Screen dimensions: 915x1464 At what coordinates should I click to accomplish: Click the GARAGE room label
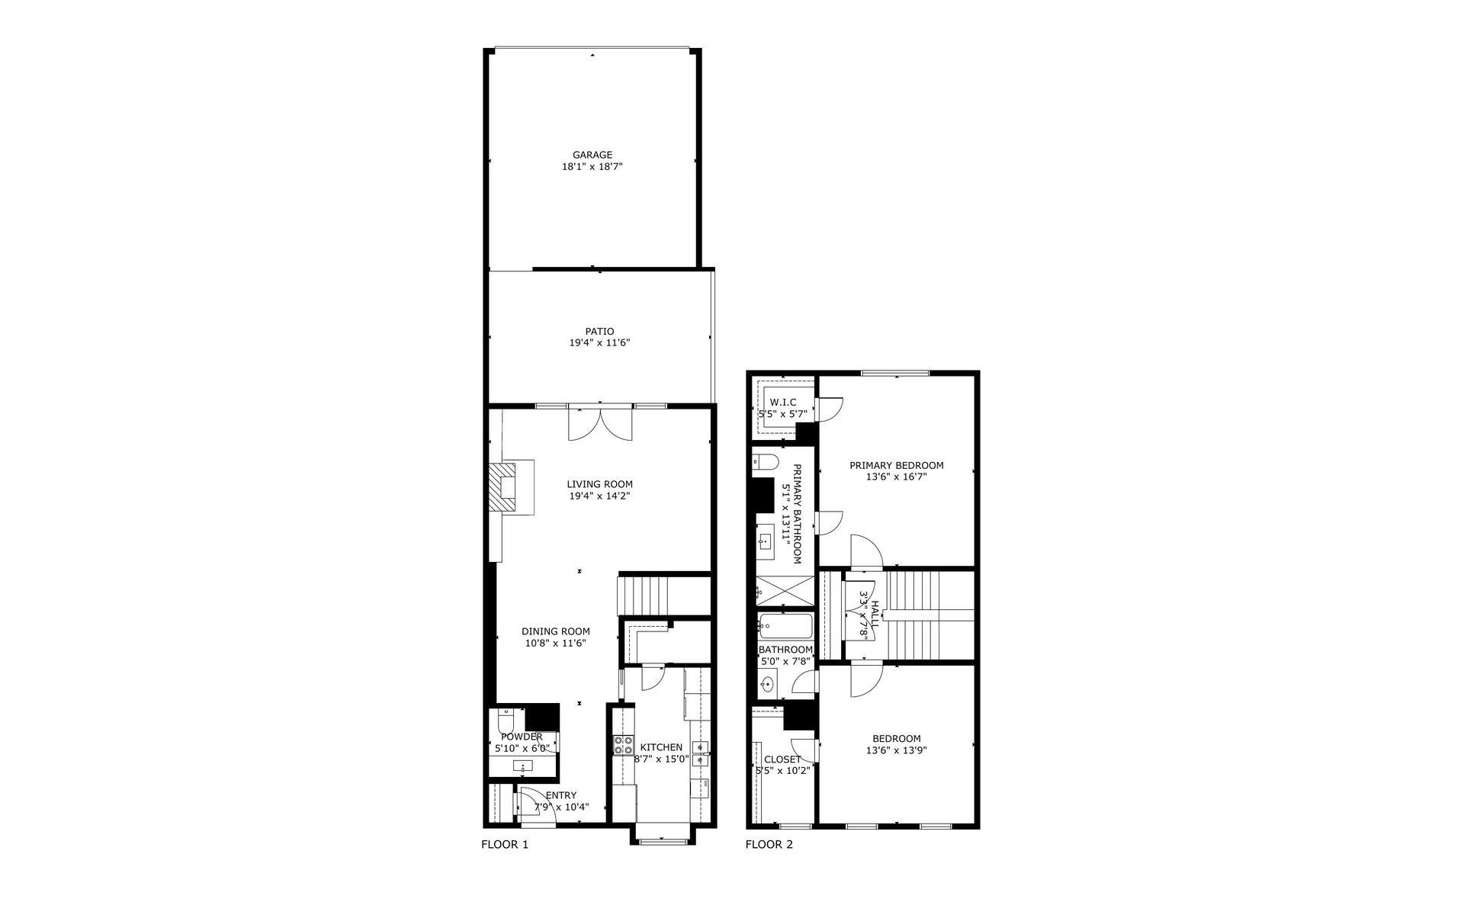(x=592, y=155)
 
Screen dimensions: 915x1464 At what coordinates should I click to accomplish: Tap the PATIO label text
(x=599, y=332)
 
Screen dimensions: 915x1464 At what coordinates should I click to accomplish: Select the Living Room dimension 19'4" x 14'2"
(x=599, y=496)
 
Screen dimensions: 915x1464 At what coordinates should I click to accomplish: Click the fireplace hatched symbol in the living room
(x=502, y=488)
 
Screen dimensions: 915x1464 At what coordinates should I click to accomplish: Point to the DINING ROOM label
(x=556, y=631)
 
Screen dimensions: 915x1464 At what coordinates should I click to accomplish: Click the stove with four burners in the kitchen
(x=623, y=745)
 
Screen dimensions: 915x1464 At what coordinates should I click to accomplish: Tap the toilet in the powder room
(x=506, y=721)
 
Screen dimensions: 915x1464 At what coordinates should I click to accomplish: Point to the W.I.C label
(x=783, y=402)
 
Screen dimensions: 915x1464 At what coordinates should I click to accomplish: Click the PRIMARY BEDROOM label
(x=897, y=465)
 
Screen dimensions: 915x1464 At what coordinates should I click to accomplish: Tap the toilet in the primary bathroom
(x=765, y=461)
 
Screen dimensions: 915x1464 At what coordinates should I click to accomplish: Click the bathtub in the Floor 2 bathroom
(x=785, y=628)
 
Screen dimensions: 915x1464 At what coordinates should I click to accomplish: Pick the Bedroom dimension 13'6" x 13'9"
(x=897, y=750)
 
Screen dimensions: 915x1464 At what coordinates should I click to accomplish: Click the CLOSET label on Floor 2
(x=782, y=759)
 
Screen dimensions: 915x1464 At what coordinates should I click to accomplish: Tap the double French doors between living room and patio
(x=600, y=423)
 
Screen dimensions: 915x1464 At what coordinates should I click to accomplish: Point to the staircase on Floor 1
(x=642, y=594)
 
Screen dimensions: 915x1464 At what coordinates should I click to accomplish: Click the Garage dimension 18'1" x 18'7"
(x=592, y=166)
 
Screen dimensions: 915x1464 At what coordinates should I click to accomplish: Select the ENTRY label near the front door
(x=561, y=796)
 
